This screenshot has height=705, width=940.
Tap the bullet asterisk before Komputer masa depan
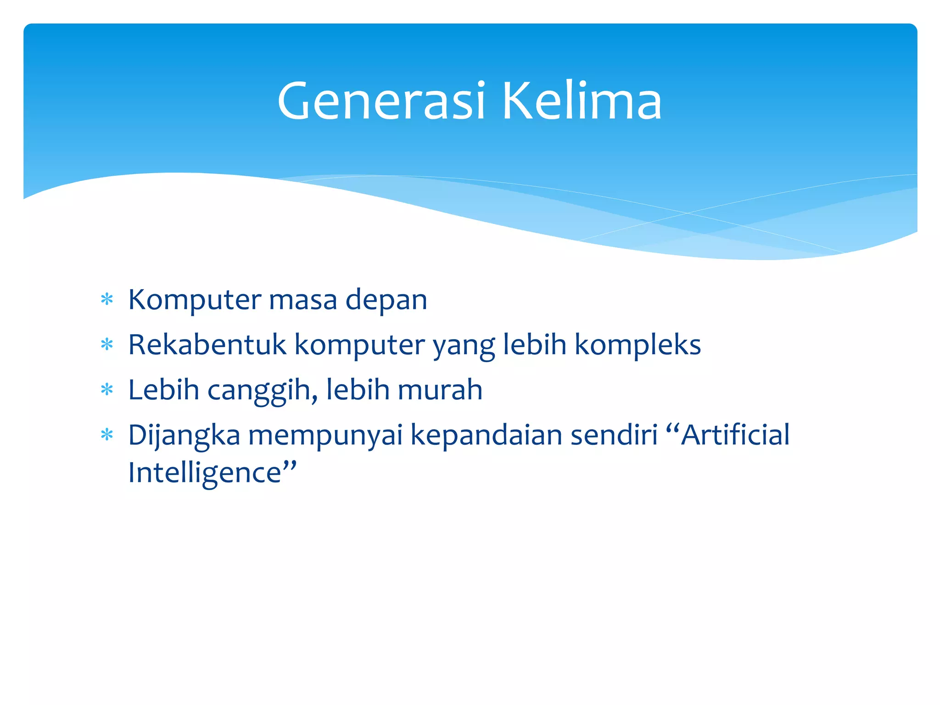[x=107, y=300]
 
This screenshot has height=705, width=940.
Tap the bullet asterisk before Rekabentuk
[x=107, y=345]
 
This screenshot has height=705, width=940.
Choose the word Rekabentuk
[x=207, y=345]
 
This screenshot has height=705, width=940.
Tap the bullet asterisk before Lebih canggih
[x=107, y=390]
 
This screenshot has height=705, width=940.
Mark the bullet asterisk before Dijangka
[x=107, y=435]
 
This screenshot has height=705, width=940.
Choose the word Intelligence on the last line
[x=205, y=473]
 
